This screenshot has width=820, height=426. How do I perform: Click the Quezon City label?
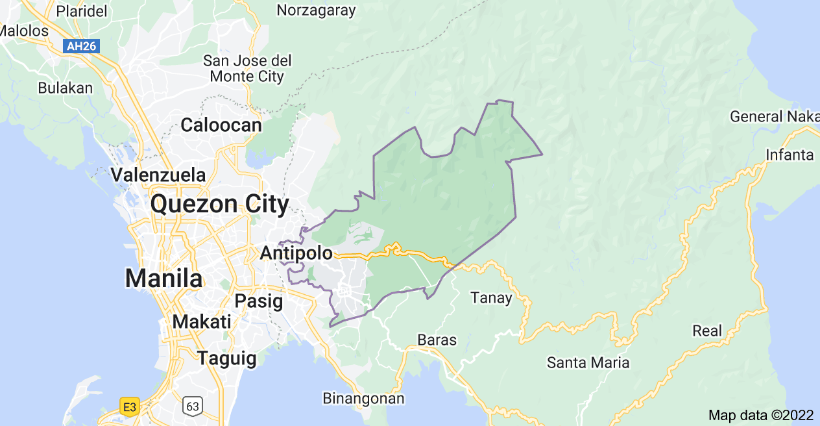(220, 205)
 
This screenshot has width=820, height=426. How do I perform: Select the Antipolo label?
(296, 253)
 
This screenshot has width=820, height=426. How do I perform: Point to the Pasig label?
(259, 301)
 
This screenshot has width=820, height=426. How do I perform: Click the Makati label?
(202, 321)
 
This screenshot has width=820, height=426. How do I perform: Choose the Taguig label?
(227, 358)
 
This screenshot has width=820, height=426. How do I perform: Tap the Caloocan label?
(221, 125)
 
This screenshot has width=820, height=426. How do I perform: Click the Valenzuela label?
(158, 175)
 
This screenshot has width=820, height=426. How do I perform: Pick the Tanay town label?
(491, 298)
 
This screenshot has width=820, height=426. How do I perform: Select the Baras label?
(437, 340)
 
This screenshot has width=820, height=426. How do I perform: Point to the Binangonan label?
(363, 398)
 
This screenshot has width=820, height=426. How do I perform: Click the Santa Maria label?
(588, 362)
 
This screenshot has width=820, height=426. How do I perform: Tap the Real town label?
(707, 331)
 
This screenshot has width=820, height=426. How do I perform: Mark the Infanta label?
(790, 155)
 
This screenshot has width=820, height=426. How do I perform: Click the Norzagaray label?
(317, 10)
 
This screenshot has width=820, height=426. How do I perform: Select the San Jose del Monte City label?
(247, 68)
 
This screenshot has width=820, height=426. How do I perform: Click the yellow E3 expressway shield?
(130, 407)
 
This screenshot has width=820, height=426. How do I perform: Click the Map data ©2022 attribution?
(760, 415)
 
